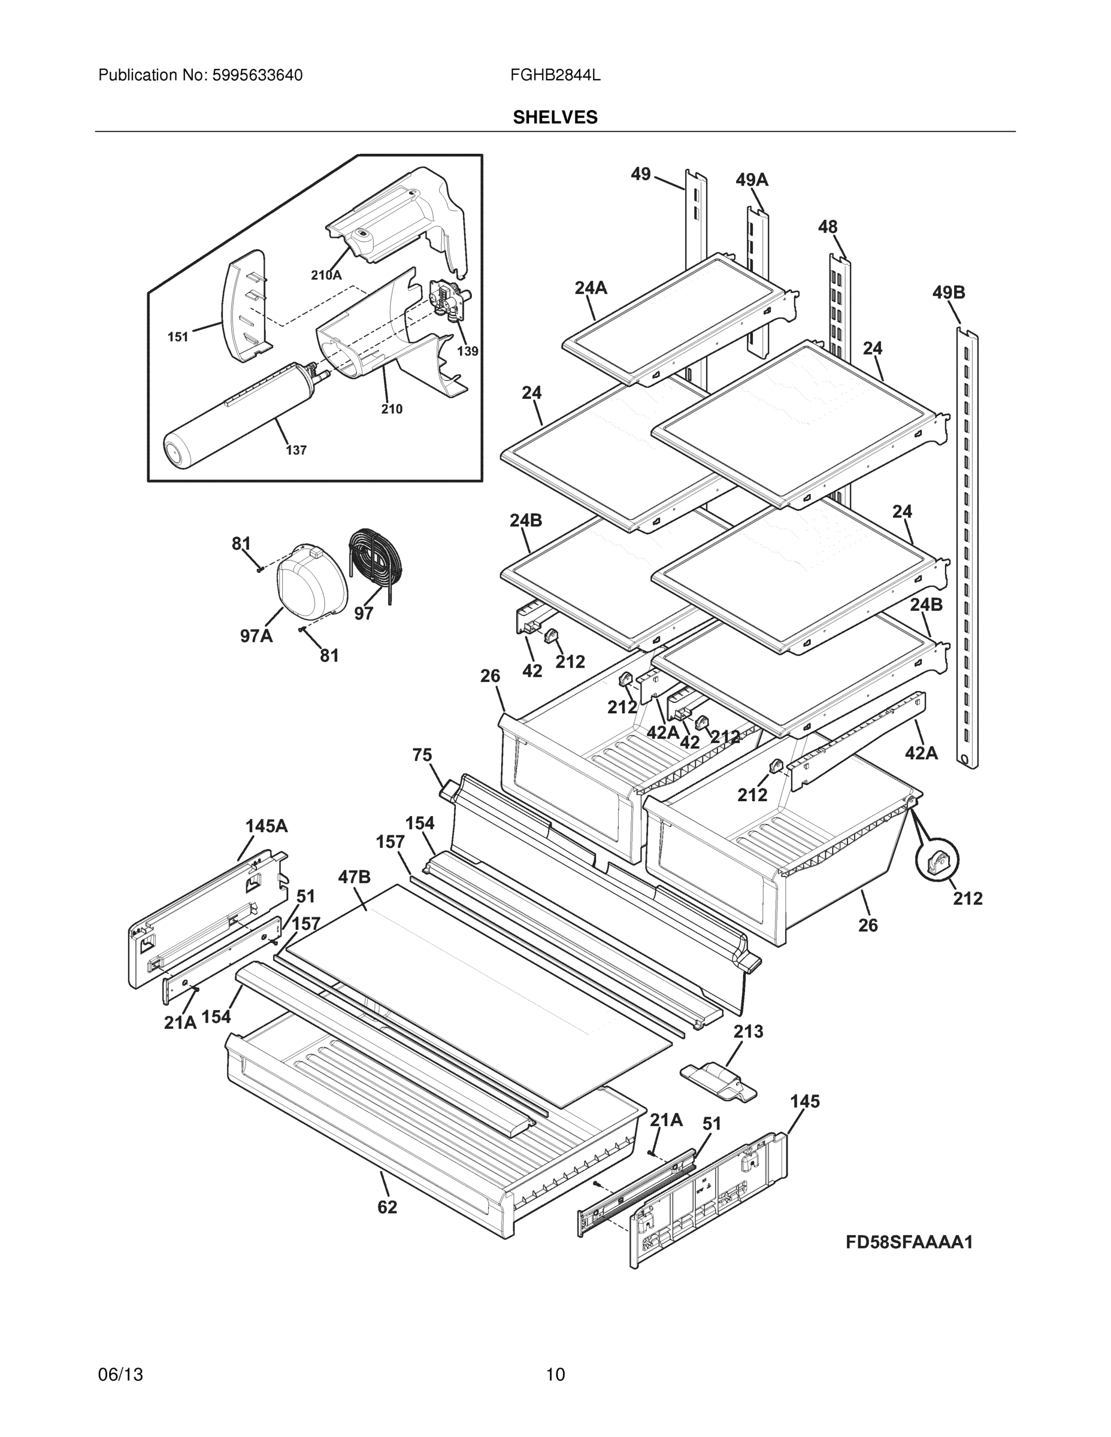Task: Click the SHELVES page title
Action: point(555,117)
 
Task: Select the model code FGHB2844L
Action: point(555,75)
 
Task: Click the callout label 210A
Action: point(326,275)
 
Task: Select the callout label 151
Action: point(178,337)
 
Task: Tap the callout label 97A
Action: point(256,636)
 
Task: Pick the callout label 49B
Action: point(949,292)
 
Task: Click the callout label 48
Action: point(827,227)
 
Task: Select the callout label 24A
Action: point(591,287)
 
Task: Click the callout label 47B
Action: point(354,877)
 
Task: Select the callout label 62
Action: point(387,1206)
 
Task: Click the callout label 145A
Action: point(267,826)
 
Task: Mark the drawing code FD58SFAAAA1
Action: point(909,1242)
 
